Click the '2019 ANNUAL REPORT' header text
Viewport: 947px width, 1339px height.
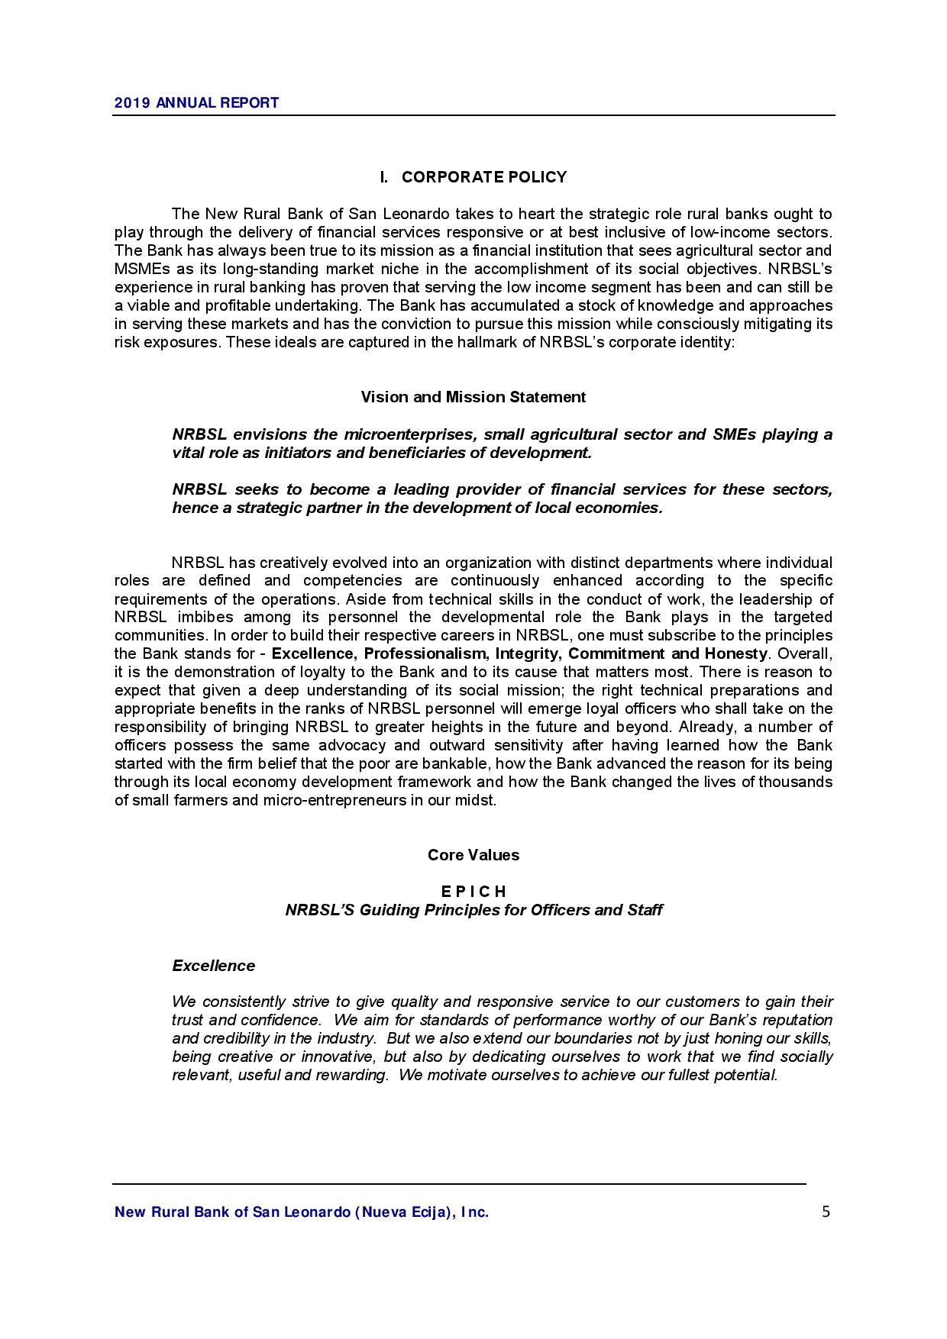196,103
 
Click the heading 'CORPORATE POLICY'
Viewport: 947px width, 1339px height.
484,178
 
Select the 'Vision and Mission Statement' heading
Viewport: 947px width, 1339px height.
473,397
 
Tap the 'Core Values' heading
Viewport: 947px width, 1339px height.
473,855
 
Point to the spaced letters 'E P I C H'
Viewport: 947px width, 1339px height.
473,892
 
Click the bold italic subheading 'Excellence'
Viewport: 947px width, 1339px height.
213,966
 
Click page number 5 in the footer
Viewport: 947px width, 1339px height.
826,1212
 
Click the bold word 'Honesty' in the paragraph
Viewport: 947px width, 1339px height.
735,654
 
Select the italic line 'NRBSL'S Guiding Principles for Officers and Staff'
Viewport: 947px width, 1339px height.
473,910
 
